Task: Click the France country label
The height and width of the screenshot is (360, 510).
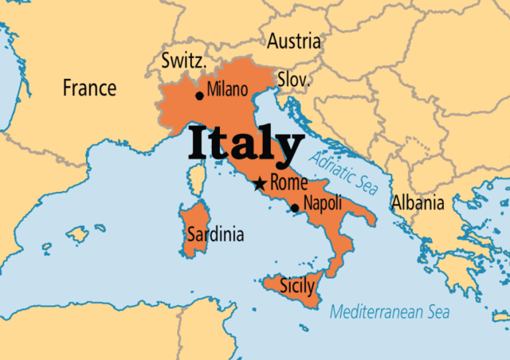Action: [x=89, y=88]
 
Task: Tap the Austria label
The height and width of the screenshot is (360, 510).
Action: [x=294, y=41]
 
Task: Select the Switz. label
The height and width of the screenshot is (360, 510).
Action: [x=185, y=61]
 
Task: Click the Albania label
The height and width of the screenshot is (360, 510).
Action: [x=418, y=203]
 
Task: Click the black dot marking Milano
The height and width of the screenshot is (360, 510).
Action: [x=199, y=96]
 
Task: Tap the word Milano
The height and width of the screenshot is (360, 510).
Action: [x=228, y=90]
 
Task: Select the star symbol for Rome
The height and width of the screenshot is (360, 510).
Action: [x=260, y=185]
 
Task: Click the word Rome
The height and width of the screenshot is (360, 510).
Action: [x=288, y=182]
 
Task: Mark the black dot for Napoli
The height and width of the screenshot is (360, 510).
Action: [x=296, y=209]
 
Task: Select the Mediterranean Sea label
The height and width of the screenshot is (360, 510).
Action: [x=390, y=311]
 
